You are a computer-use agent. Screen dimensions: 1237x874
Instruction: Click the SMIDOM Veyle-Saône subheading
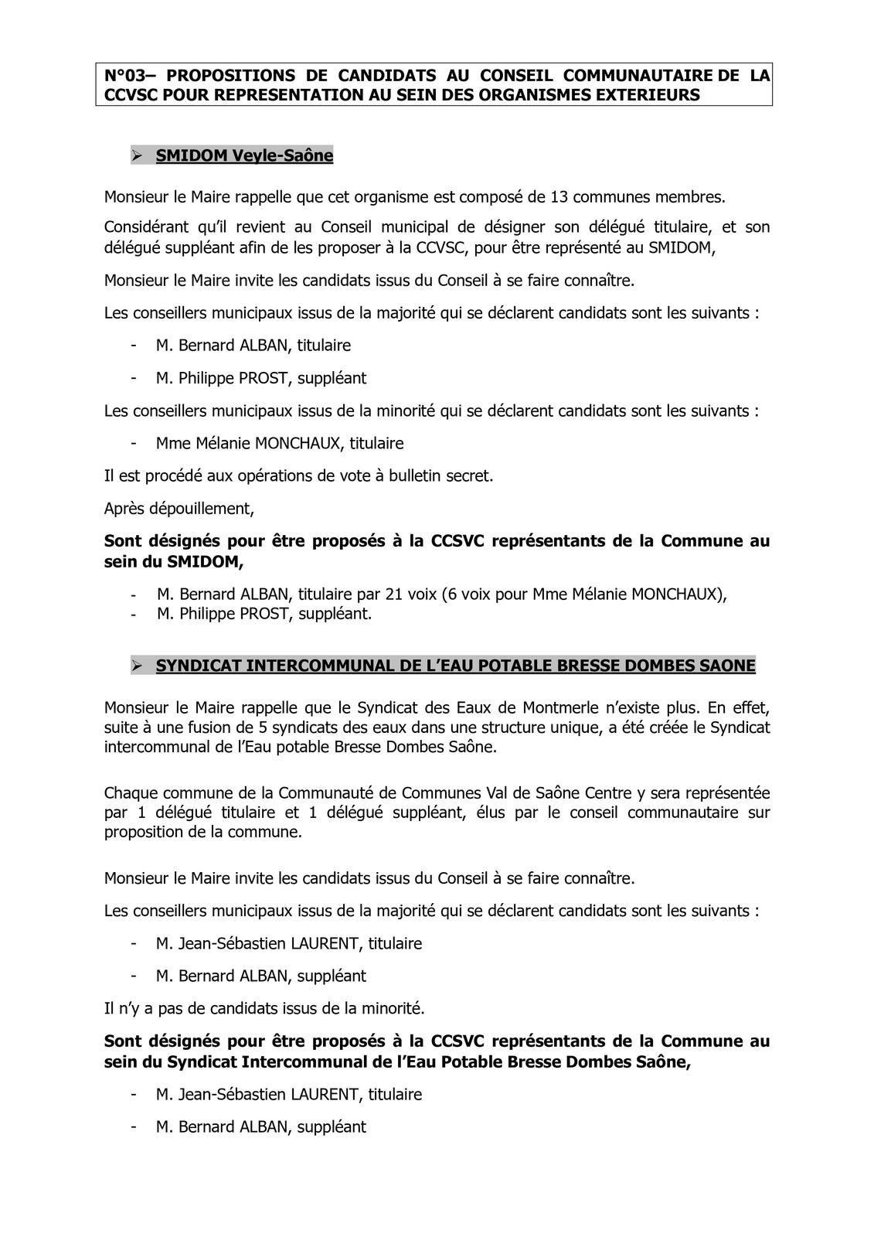coord(244,156)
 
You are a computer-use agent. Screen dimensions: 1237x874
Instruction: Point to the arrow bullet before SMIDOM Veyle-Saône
coord(138,156)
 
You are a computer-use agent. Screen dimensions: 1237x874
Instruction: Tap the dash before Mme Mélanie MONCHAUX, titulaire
coord(134,444)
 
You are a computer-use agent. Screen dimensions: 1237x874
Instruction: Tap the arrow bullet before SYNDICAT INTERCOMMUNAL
coord(138,666)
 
